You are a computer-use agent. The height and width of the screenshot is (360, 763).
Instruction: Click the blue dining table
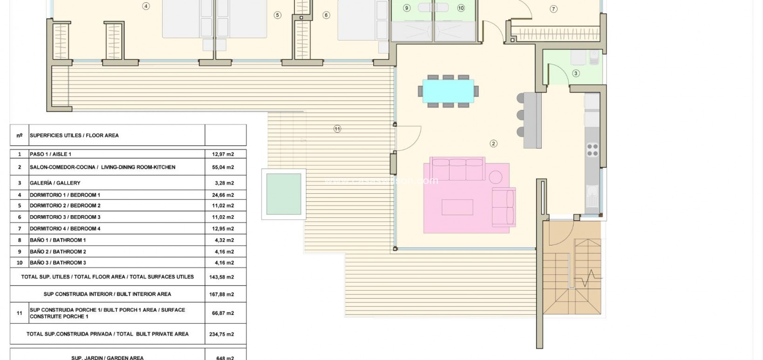(448, 91)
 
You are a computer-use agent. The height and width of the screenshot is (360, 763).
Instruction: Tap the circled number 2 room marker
(493, 143)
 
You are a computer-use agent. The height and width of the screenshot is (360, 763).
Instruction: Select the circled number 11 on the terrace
(337, 129)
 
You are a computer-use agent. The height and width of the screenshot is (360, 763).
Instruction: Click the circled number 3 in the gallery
(576, 73)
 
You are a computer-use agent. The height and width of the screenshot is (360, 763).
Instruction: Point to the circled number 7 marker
(553, 9)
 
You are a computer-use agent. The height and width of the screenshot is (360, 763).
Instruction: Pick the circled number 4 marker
(146, 6)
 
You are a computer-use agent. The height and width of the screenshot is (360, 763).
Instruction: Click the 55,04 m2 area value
(223, 167)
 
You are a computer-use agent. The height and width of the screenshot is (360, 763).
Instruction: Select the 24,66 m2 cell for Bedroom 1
(223, 195)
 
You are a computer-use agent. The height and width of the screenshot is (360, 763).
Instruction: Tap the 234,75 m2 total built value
(223, 334)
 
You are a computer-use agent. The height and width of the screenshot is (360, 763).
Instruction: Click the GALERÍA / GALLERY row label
(55, 183)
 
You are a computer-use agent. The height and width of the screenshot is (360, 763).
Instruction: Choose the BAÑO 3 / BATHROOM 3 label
(58, 263)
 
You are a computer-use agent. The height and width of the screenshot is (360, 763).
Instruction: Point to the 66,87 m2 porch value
(223, 313)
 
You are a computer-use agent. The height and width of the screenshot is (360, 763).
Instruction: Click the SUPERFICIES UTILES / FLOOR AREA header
(74, 136)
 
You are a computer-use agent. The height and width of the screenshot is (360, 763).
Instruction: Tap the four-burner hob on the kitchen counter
(592, 149)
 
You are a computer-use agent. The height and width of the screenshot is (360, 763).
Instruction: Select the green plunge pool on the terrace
(284, 194)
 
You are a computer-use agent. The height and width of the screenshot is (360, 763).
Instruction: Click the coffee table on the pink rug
(457, 207)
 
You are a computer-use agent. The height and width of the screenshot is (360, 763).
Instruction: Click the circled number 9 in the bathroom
(407, 8)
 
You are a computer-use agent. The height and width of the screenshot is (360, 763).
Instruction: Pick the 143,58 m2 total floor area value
(223, 277)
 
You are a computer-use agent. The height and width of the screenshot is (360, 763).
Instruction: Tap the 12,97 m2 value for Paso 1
(223, 154)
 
